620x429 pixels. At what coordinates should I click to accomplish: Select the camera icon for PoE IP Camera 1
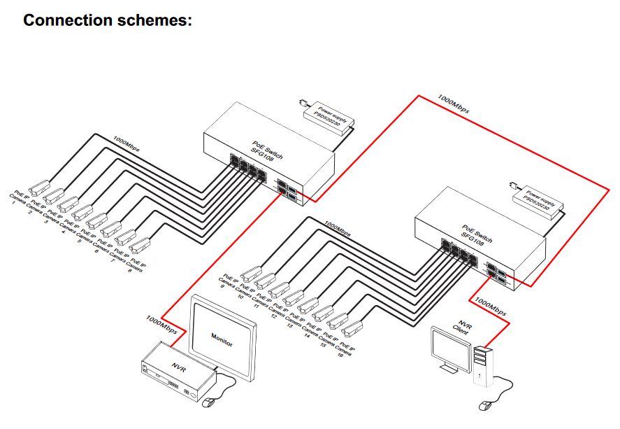(39, 186)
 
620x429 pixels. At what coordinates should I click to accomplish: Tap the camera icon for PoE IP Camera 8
(141, 244)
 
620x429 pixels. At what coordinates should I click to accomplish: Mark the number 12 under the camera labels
(273, 316)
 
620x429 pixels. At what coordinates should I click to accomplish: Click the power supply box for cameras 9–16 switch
(538, 202)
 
